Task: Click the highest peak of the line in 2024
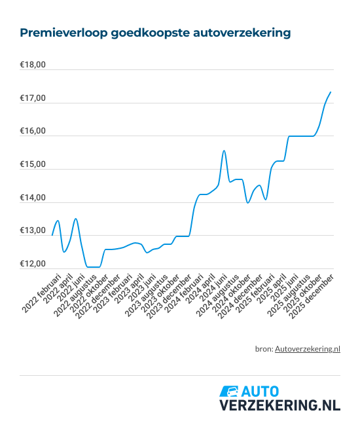pyautogui.click(x=224, y=151)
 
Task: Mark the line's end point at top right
pyautogui.click(x=331, y=92)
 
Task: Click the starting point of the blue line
pyautogui.click(x=52, y=234)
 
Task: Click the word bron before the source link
pyautogui.click(x=264, y=349)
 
